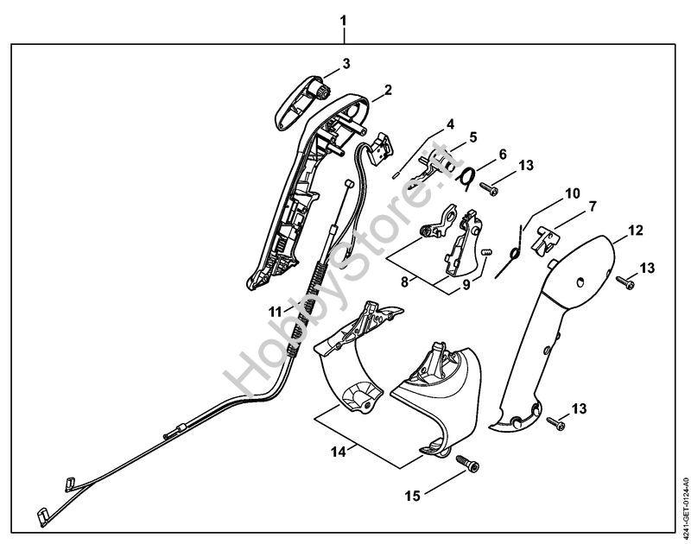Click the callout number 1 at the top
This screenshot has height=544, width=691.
click(343, 21)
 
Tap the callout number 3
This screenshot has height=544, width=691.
click(346, 63)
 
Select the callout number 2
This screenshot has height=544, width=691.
click(388, 90)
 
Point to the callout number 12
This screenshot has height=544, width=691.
click(635, 230)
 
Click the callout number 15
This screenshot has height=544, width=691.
click(413, 496)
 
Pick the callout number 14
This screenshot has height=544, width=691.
click(339, 452)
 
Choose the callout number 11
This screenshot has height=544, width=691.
click(276, 313)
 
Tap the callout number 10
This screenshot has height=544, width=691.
click(573, 193)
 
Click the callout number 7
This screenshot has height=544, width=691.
click(593, 206)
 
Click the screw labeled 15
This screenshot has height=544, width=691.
click(468, 464)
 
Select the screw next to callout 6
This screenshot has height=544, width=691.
click(489, 188)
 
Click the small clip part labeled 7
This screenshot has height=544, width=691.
click(547, 238)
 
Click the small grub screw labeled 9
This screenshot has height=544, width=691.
click(486, 252)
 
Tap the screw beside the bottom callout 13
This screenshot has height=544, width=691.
click(555, 423)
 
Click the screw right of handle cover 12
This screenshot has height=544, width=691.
click(624, 282)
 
